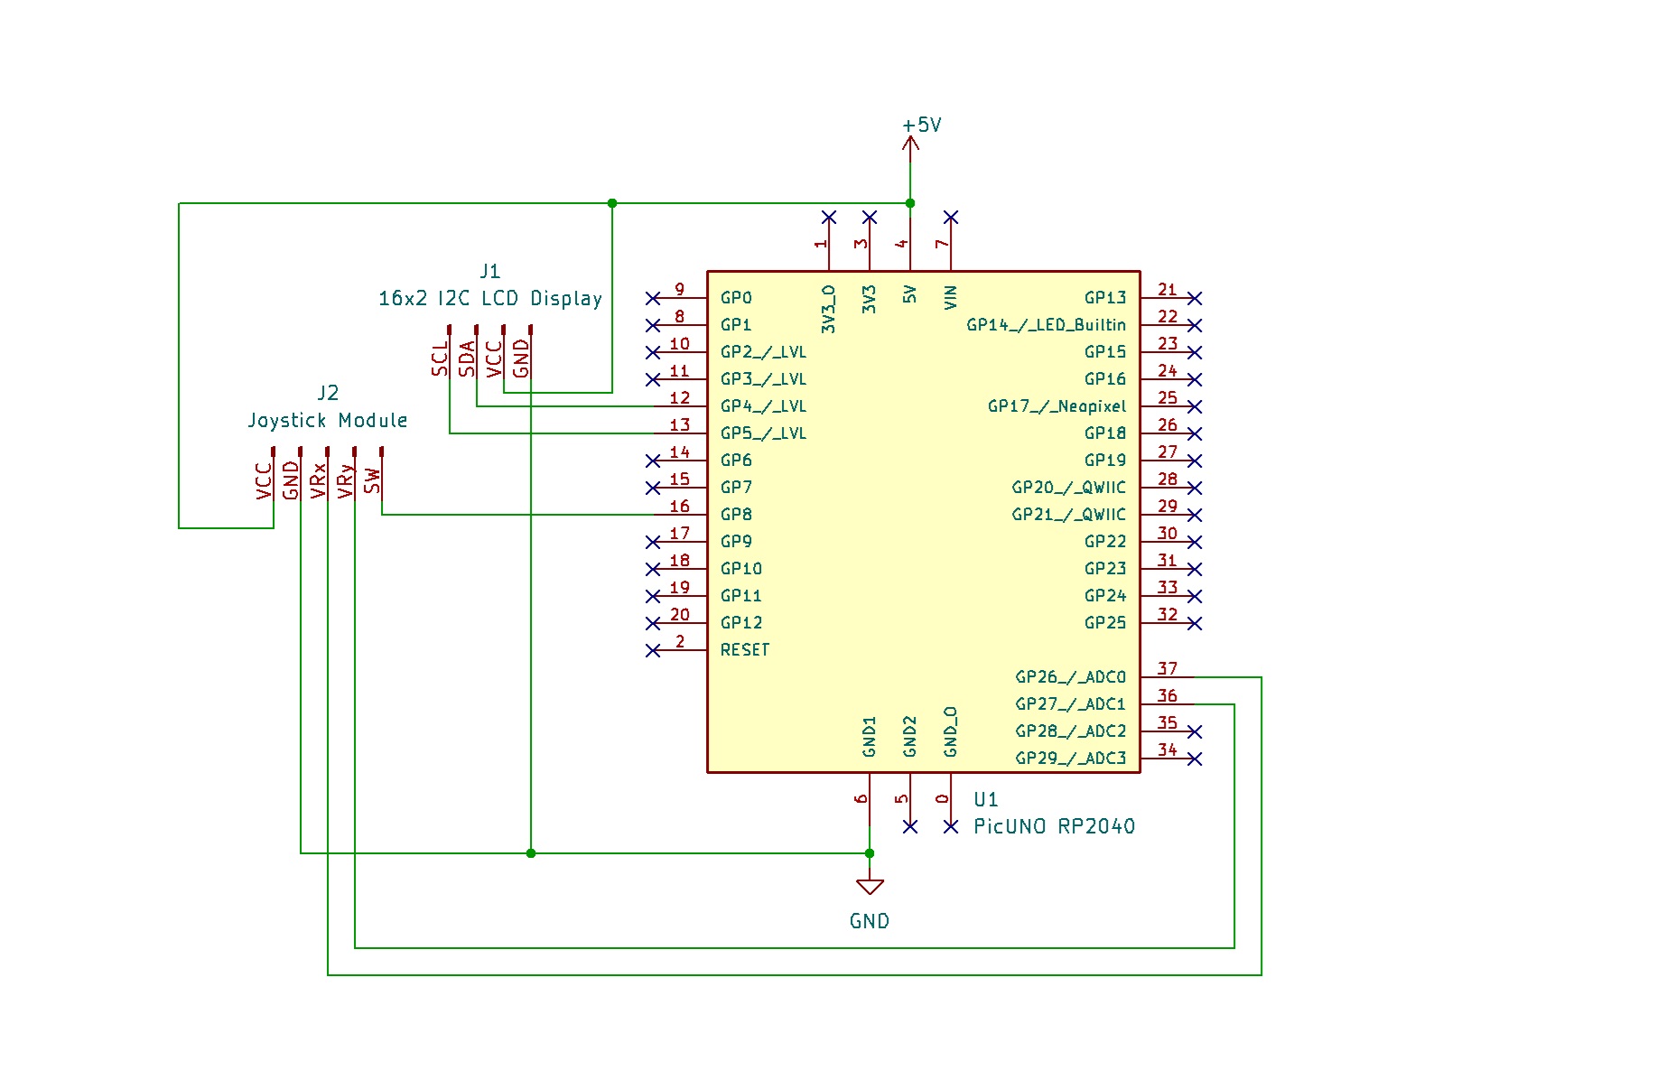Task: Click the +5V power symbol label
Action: [922, 126]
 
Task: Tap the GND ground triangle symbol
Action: [870, 887]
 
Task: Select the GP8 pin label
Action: [736, 515]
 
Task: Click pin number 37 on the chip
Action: [1167, 669]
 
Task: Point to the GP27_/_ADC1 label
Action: [1070, 704]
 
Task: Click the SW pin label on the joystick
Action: [372, 481]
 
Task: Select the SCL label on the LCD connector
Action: [440, 359]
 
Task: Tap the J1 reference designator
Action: [489, 271]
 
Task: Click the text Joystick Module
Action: [328, 421]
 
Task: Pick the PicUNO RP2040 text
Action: [1054, 826]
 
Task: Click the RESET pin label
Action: [745, 650]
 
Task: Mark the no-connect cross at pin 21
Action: [1195, 298]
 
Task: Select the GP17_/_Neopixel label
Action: [1056, 406]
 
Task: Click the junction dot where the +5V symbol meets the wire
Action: [910, 203]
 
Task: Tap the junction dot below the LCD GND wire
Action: [531, 853]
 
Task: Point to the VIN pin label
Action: [950, 298]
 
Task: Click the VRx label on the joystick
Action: [318, 480]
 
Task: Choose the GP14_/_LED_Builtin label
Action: [1046, 325]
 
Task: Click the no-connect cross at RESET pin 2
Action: [653, 650]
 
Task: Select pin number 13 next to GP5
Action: [679, 425]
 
